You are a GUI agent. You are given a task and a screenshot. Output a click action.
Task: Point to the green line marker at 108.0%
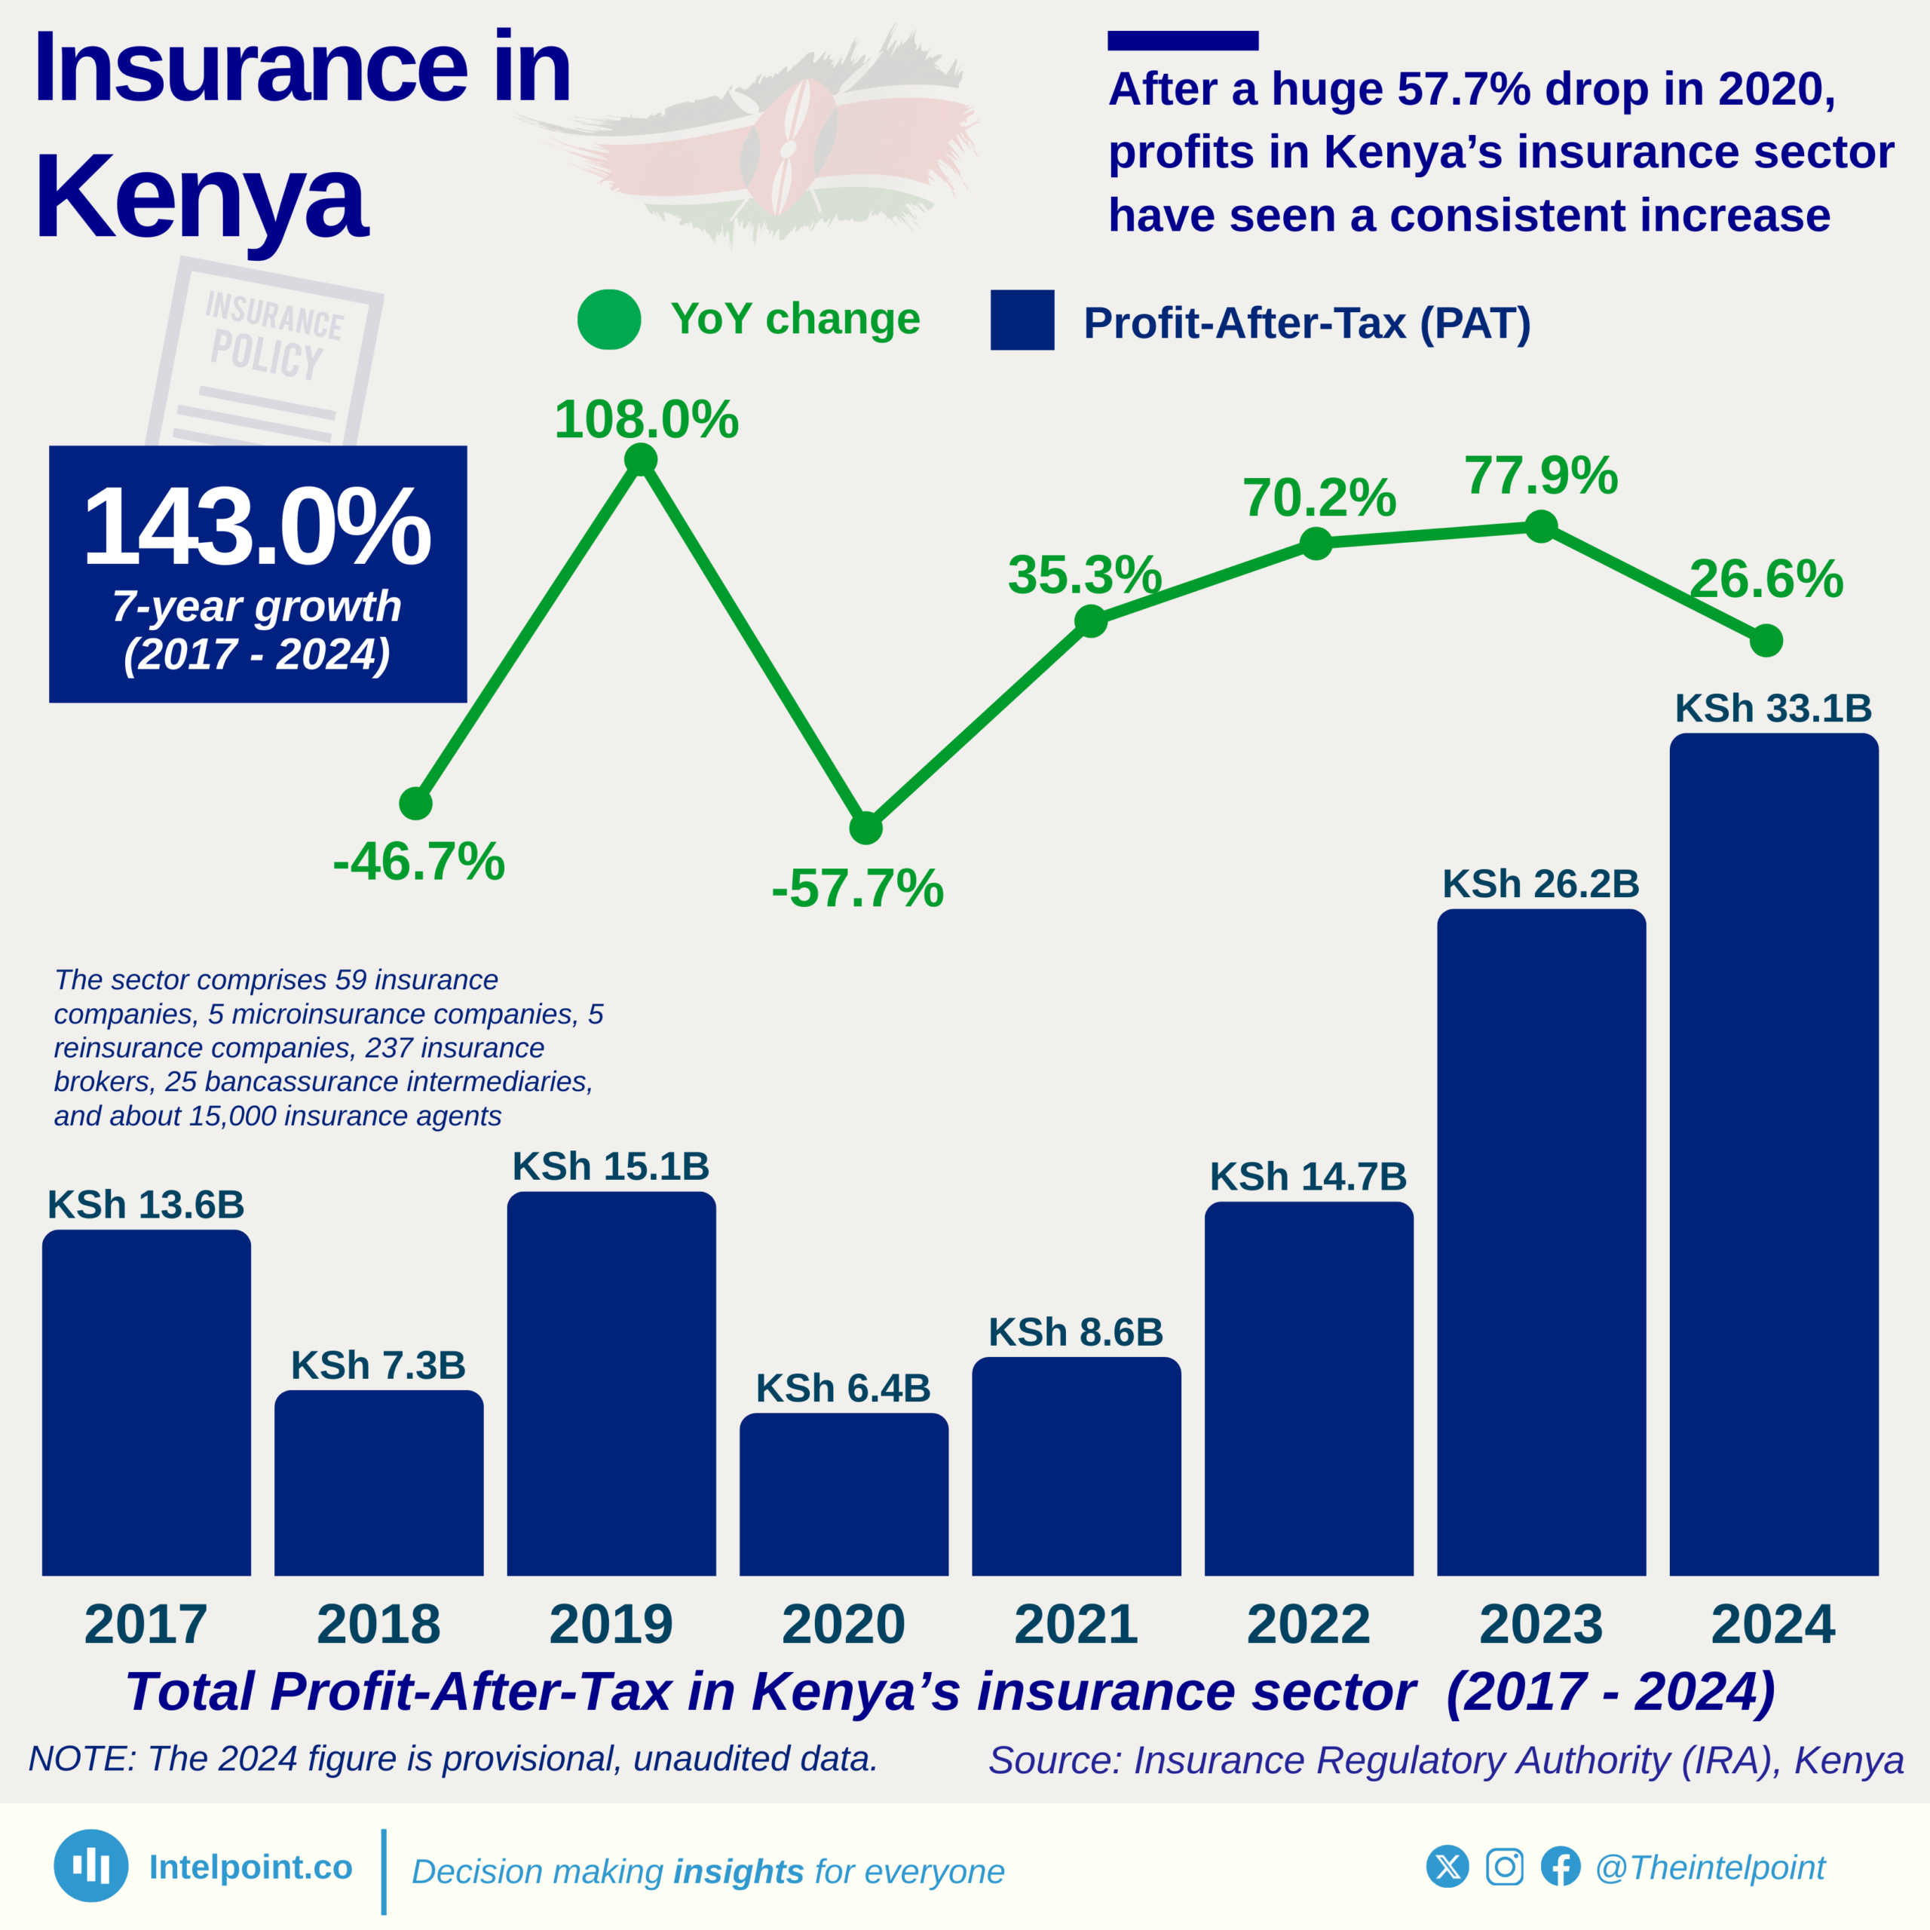coord(640,460)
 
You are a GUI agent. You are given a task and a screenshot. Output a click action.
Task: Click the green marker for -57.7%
coord(866,827)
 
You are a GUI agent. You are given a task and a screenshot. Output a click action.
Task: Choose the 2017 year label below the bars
coord(146,1625)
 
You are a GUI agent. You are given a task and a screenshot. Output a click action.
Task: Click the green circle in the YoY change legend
coord(609,320)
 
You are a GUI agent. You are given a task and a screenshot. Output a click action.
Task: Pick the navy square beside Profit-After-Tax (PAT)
coord(1022,320)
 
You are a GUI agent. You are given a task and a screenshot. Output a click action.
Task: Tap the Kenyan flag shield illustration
coord(787,148)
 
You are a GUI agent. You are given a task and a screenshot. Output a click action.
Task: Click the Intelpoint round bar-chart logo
coord(91,1865)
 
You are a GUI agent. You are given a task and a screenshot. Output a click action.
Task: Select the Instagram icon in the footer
coord(1505,1866)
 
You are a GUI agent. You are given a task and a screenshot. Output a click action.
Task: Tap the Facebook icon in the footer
coord(1561,1866)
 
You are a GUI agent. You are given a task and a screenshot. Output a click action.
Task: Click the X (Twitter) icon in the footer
coord(1447,1866)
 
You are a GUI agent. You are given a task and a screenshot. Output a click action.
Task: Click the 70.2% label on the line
coord(1319,498)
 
